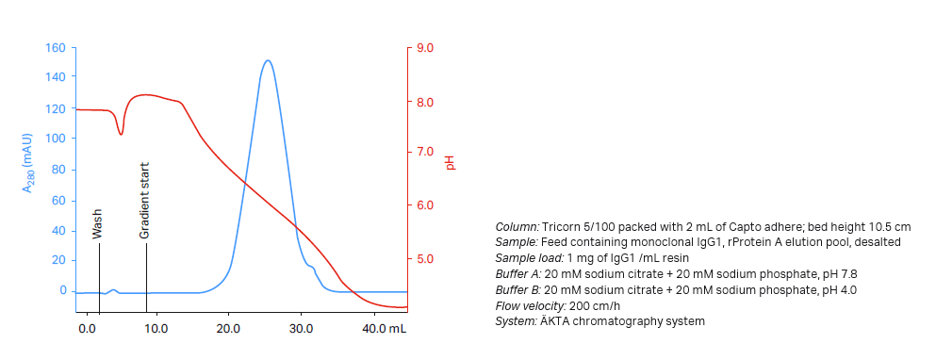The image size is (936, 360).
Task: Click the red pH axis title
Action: (450, 162)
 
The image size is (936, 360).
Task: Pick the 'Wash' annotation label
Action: (97, 223)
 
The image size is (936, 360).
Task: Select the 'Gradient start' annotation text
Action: (145, 200)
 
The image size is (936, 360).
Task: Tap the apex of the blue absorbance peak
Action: (268, 61)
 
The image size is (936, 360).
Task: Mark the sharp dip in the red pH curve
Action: (121, 134)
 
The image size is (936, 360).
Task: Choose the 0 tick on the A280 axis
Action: (64, 290)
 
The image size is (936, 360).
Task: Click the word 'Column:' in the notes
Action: (517, 227)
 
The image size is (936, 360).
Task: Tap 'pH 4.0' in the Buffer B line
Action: (836, 290)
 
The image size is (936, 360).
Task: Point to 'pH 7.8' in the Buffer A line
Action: (836, 274)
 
